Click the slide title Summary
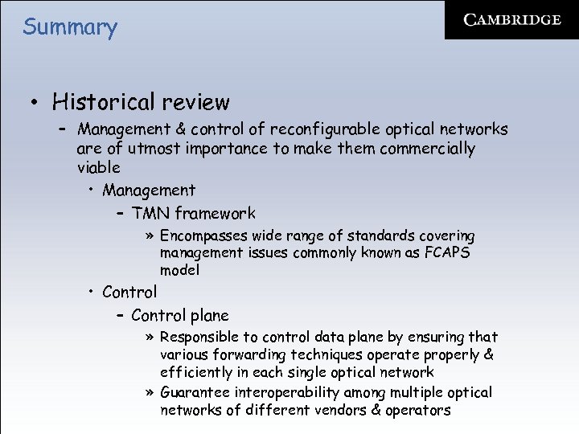70,27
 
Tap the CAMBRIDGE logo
511,20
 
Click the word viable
98,167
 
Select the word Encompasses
203,235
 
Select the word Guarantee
194,392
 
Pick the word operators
418,410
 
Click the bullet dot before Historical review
35,103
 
